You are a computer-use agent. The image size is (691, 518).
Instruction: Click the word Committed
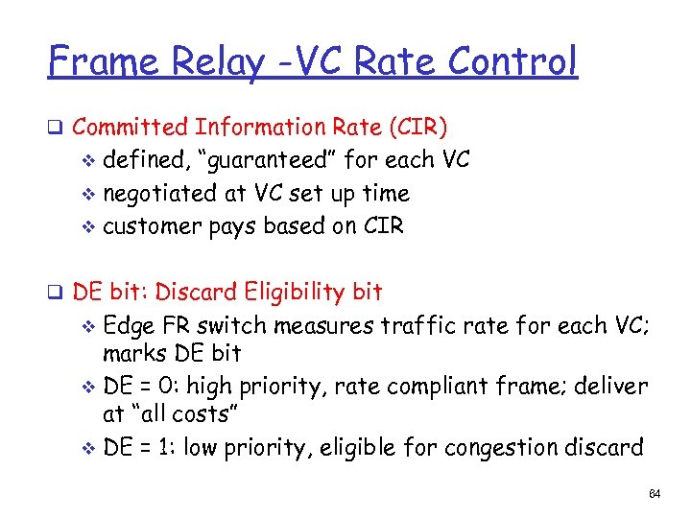[x=131, y=128]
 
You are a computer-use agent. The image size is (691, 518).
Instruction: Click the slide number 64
[x=655, y=494]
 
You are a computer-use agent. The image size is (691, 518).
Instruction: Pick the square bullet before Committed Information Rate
[x=57, y=128]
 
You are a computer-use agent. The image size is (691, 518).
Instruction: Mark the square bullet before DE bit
[x=57, y=292]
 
